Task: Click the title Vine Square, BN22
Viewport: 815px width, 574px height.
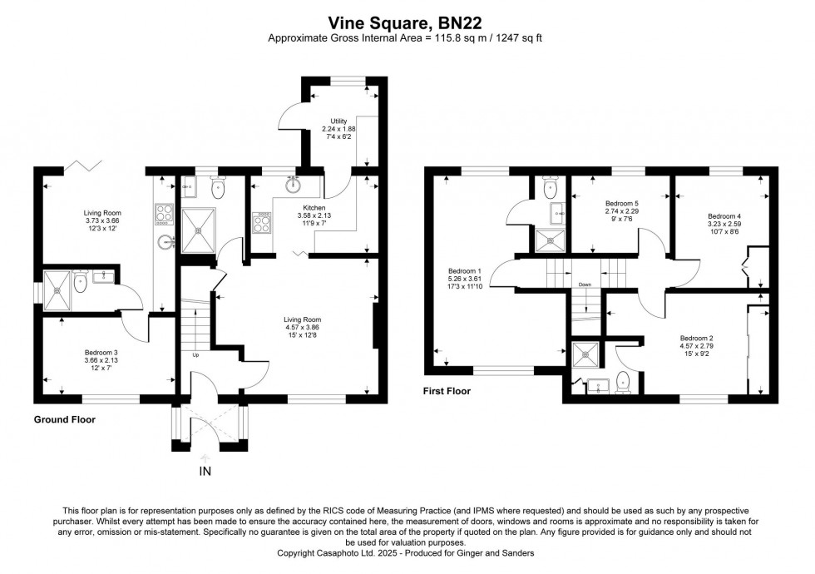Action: (407, 22)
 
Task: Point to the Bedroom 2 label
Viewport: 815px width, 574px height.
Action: (697, 338)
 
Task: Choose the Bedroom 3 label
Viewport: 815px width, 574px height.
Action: (101, 351)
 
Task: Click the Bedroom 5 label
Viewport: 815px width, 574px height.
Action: (621, 204)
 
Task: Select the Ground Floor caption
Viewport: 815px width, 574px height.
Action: (64, 420)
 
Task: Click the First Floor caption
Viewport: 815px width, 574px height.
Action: (447, 391)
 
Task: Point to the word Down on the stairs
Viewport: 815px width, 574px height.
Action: (585, 284)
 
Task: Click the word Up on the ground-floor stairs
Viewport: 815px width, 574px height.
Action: (195, 355)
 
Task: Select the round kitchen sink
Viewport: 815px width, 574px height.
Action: (293, 178)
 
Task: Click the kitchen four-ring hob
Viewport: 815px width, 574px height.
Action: (261, 221)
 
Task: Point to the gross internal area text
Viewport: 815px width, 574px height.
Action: (407, 38)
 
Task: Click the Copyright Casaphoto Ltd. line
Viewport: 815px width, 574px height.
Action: (407, 553)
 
